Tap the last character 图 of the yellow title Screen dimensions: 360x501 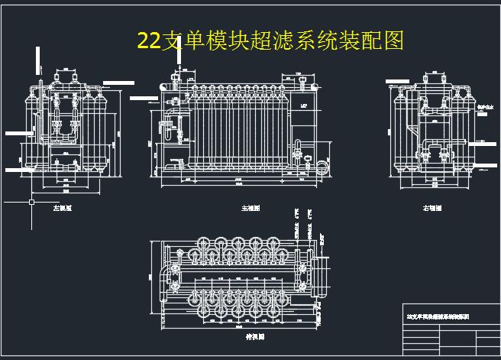(394, 41)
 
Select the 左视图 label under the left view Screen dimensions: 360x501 (61, 208)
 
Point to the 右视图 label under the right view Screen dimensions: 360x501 (432, 208)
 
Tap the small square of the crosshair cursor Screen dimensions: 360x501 (31, 203)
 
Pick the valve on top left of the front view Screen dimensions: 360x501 (175, 79)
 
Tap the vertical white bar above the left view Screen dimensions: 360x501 (37, 61)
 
